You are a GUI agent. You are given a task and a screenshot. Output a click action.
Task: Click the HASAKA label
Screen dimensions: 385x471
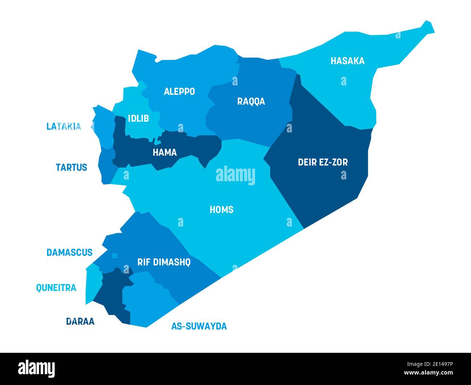click(347, 61)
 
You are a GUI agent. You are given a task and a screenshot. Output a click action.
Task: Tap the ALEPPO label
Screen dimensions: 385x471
click(179, 92)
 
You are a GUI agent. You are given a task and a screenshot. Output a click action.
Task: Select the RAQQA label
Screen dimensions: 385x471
click(251, 101)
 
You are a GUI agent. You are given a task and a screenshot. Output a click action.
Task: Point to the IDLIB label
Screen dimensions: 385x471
click(138, 118)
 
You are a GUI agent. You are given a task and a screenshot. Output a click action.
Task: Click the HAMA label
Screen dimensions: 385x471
click(164, 153)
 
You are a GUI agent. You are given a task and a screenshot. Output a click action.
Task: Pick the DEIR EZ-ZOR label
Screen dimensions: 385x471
click(322, 162)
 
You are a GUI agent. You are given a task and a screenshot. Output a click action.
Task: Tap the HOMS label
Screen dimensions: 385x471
click(221, 210)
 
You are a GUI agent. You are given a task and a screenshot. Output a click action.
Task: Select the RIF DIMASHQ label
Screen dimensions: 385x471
click(164, 262)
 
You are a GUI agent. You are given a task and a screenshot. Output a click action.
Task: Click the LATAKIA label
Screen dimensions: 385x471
click(64, 126)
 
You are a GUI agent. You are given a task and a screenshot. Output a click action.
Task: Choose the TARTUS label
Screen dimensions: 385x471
click(71, 168)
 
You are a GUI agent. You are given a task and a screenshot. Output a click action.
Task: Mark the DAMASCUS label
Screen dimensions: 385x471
click(70, 253)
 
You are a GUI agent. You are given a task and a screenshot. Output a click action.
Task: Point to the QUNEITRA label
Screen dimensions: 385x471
click(56, 288)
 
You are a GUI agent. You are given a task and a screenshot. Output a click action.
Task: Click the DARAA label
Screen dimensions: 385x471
click(80, 321)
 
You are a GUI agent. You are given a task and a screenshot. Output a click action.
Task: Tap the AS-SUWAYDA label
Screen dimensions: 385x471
click(199, 326)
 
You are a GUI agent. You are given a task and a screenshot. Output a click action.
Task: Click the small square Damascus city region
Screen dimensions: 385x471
click(114, 256)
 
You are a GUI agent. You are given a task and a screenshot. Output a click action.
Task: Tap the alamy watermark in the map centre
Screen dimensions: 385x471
click(236, 175)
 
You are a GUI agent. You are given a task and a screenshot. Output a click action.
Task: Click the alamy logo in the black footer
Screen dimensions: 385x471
click(36, 368)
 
